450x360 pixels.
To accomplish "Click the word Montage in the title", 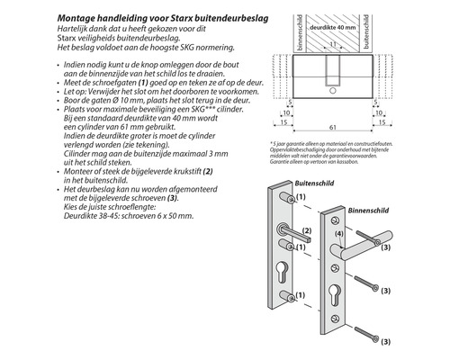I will point(77,16).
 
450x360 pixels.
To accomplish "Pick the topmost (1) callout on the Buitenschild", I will point(301,196).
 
